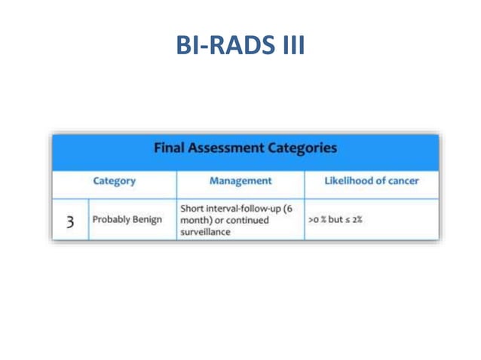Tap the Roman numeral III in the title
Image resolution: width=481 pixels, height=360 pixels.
tap(290, 46)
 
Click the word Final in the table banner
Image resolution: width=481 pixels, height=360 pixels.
tap(171, 148)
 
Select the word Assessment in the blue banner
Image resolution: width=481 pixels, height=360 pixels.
tap(231, 148)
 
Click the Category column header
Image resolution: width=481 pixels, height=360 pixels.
tap(114, 181)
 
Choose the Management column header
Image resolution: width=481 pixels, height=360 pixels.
tap(240, 181)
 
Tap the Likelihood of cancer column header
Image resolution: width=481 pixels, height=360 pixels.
tap(371, 181)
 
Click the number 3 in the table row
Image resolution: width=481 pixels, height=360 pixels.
tap(69, 221)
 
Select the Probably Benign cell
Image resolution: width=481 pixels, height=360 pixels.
tap(127, 220)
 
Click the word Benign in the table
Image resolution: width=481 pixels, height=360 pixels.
tap(146, 220)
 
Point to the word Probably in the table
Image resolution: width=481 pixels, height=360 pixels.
tap(110, 220)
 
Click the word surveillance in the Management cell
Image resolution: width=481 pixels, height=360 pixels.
tap(205, 233)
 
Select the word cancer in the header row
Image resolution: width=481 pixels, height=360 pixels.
tap(400, 181)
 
